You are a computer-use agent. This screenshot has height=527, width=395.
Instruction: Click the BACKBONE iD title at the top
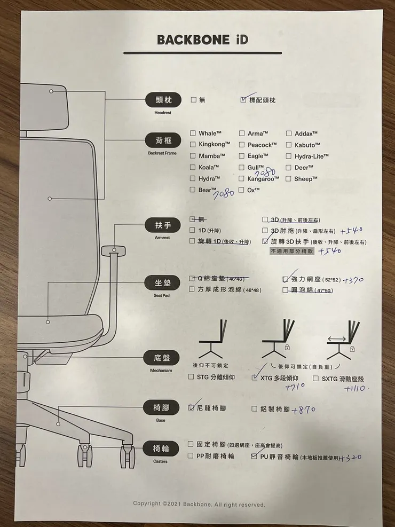click(x=202, y=40)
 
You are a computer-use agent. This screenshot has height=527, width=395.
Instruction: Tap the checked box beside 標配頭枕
click(x=244, y=100)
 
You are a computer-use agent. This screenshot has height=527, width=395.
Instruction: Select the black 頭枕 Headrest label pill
click(x=163, y=100)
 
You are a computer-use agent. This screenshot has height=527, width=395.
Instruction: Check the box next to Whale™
click(x=193, y=133)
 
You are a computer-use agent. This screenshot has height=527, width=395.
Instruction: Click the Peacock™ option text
click(x=262, y=145)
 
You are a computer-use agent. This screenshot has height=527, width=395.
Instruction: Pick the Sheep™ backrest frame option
click(x=306, y=179)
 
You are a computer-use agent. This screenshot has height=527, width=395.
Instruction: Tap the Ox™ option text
click(x=254, y=190)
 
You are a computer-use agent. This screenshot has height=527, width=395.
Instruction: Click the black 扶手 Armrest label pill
click(x=163, y=226)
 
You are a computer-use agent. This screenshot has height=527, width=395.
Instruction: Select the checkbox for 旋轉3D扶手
click(x=265, y=242)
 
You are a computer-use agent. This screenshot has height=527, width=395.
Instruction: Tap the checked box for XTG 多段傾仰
click(x=255, y=377)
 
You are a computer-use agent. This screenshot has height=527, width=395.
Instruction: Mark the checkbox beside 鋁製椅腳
click(x=255, y=409)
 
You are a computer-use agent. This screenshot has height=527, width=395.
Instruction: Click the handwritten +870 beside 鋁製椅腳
click(x=304, y=410)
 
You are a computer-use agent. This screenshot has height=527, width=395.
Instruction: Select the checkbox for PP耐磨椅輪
click(x=191, y=456)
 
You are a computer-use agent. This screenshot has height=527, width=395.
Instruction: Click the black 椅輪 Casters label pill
click(x=163, y=449)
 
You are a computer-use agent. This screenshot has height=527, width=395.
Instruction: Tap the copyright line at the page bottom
click(x=199, y=504)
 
